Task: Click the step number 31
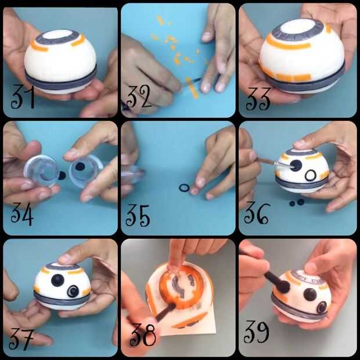click(x=23, y=96)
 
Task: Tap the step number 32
click(x=138, y=96)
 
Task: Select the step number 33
click(x=258, y=99)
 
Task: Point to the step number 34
click(x=22, y=214)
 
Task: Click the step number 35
click(x=138, y=216)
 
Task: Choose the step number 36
click(x=256, y=213)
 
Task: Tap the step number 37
click(x=21, y=339)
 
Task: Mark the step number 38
click(x=143, y=335)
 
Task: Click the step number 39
click(x=256, y=332)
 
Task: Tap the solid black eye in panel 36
click(x=296, y=165)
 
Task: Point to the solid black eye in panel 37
click(x=57, y=280)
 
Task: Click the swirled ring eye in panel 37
click(x=73, y=291)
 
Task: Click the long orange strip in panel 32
click(x=192, y=88)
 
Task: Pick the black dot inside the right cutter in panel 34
click(x=80, y=167)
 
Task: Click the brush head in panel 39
click(x=284, y=286)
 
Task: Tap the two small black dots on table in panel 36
click(x=297, y=203)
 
